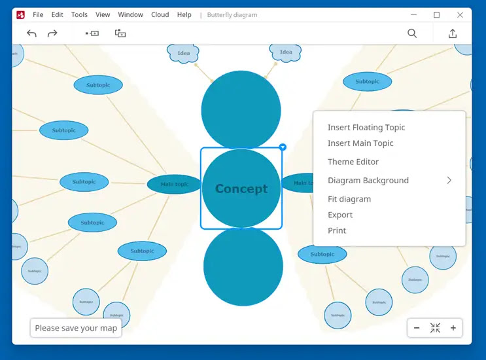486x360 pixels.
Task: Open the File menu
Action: (x=38, y=14)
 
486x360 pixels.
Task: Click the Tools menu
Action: (x=79, y=14)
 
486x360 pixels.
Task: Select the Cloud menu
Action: (x=160, y=14)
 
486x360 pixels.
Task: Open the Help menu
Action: (x=184, y=14)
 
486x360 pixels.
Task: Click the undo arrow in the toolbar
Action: (x=31, y=33)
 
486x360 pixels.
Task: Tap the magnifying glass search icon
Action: (x=412, y=33)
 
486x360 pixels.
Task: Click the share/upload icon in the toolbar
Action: (x=453, y=33)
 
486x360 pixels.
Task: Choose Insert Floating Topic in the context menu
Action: (x=366, y=128)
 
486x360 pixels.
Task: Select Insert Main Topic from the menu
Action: (x=360, y=143)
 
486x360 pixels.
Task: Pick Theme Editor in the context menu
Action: (x=353, y=162)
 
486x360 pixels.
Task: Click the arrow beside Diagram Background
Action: (x=449, y=181)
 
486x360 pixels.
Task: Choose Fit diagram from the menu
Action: (x=349, y=199)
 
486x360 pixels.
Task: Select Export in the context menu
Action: (x=340, y=215)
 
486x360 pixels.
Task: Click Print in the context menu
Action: (x=337, y=230)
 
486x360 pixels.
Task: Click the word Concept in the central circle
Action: (x=241, y=189)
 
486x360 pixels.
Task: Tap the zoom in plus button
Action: (x=453, y=328)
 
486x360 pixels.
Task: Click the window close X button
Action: (x=460, y=14)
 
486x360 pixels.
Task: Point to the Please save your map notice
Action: (x=76, y=328)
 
